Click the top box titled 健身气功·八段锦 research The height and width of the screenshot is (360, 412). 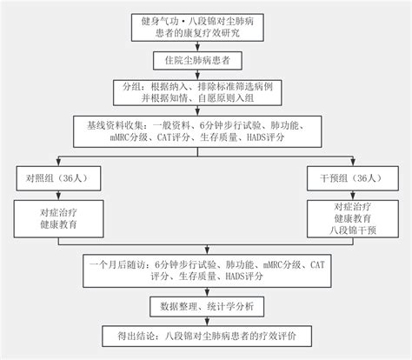pyautogui.click(x=205, y=26)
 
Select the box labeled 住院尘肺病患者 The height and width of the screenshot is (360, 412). pyautogui.click(x=205, y=61)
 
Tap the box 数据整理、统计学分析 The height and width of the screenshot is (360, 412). pyautogui.click(x=205, y=306)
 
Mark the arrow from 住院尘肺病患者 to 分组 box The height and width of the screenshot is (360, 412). pyautogui.click(x=205, y=75)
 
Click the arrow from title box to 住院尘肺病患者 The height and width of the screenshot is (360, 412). pyautogui.click(x=205, y=46)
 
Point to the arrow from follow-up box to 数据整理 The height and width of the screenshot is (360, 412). pyautogui.click(x=205, y=291)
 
